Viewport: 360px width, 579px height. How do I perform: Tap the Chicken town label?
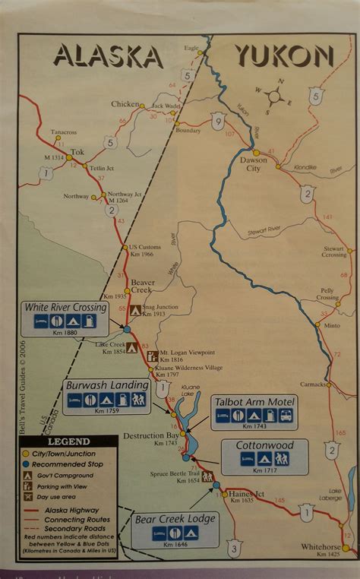click(x=125, y=104)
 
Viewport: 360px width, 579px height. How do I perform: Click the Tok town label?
click(x=76, y=151)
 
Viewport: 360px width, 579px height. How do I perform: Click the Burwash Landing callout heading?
click(x=106, y=384)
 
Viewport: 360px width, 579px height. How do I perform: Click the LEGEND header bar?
click(x=68, y=441)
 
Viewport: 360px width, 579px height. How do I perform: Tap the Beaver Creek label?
click(x=142, y=286)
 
